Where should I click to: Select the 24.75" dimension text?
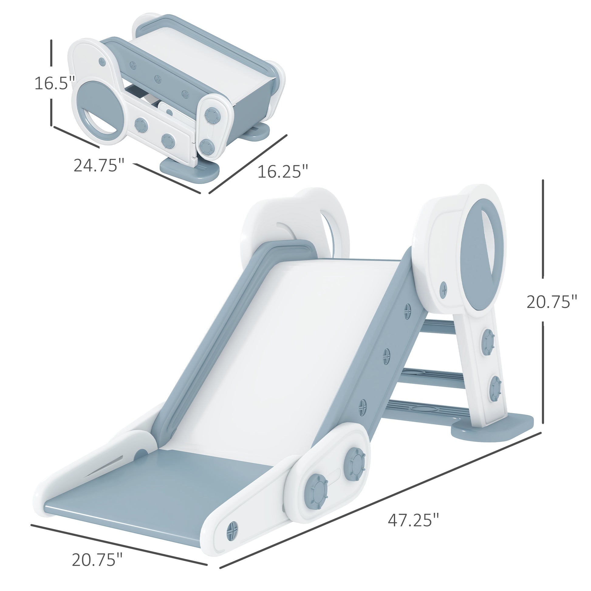pyautogui.click(x=98, y=166)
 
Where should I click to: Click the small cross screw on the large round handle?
pyautogui.click(x=443, y=289)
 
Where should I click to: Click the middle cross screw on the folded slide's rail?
pyautogui.click(x=158, y=79)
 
